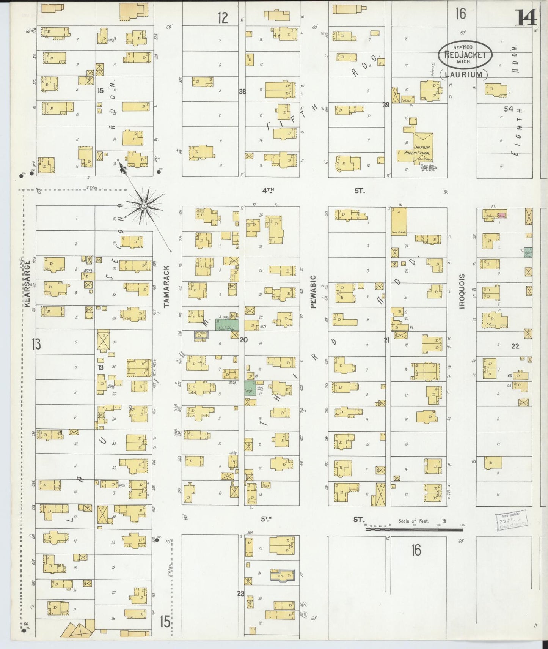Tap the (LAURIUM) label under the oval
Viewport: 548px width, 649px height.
coord(463,74)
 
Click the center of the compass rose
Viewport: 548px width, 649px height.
coord(144,206)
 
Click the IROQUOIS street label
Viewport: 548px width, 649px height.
coord(461,291)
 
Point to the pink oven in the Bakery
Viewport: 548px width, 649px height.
coord(502,215)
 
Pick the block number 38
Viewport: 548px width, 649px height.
coord(242,91)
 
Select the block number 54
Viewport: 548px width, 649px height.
coord(508,109)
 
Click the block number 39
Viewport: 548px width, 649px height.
coord(386,105)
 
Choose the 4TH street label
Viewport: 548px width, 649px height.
coord(268,191)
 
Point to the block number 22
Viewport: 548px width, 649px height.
coord(515,346)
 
